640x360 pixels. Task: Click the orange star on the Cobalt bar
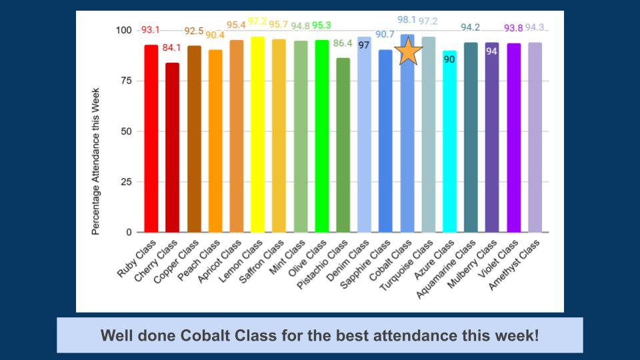(408, 52)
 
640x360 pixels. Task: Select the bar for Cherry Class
(173, 147)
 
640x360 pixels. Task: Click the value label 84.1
(173, 47)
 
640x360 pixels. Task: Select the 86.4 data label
(343, 43)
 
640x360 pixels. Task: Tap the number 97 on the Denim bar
(364, 45)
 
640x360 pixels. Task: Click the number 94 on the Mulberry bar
(492, 51)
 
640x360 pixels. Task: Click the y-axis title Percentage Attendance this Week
(96, 161)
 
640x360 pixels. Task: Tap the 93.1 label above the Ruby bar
(151, 31)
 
